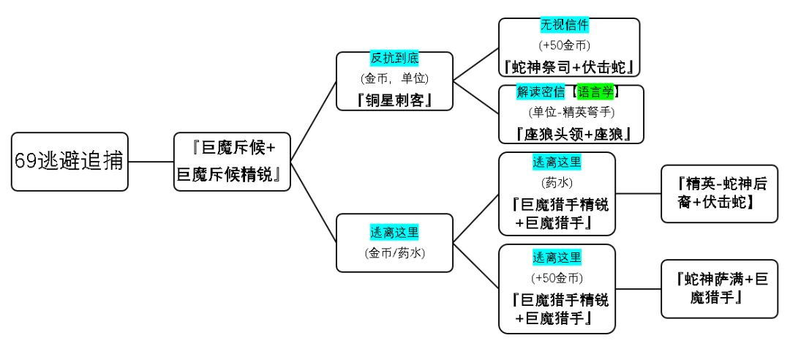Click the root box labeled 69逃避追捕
click(69, 162)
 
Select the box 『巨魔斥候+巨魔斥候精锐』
click(232, 162)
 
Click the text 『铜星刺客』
click(394, 98)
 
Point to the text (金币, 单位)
click(394, 78)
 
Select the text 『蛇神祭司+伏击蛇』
click(569, 66)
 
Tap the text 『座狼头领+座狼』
click(571, 133)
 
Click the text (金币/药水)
click(394, 253)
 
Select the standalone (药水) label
click(557, 181)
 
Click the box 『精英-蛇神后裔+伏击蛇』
click(719, 193)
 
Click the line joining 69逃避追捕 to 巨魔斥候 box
click(151, 162)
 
